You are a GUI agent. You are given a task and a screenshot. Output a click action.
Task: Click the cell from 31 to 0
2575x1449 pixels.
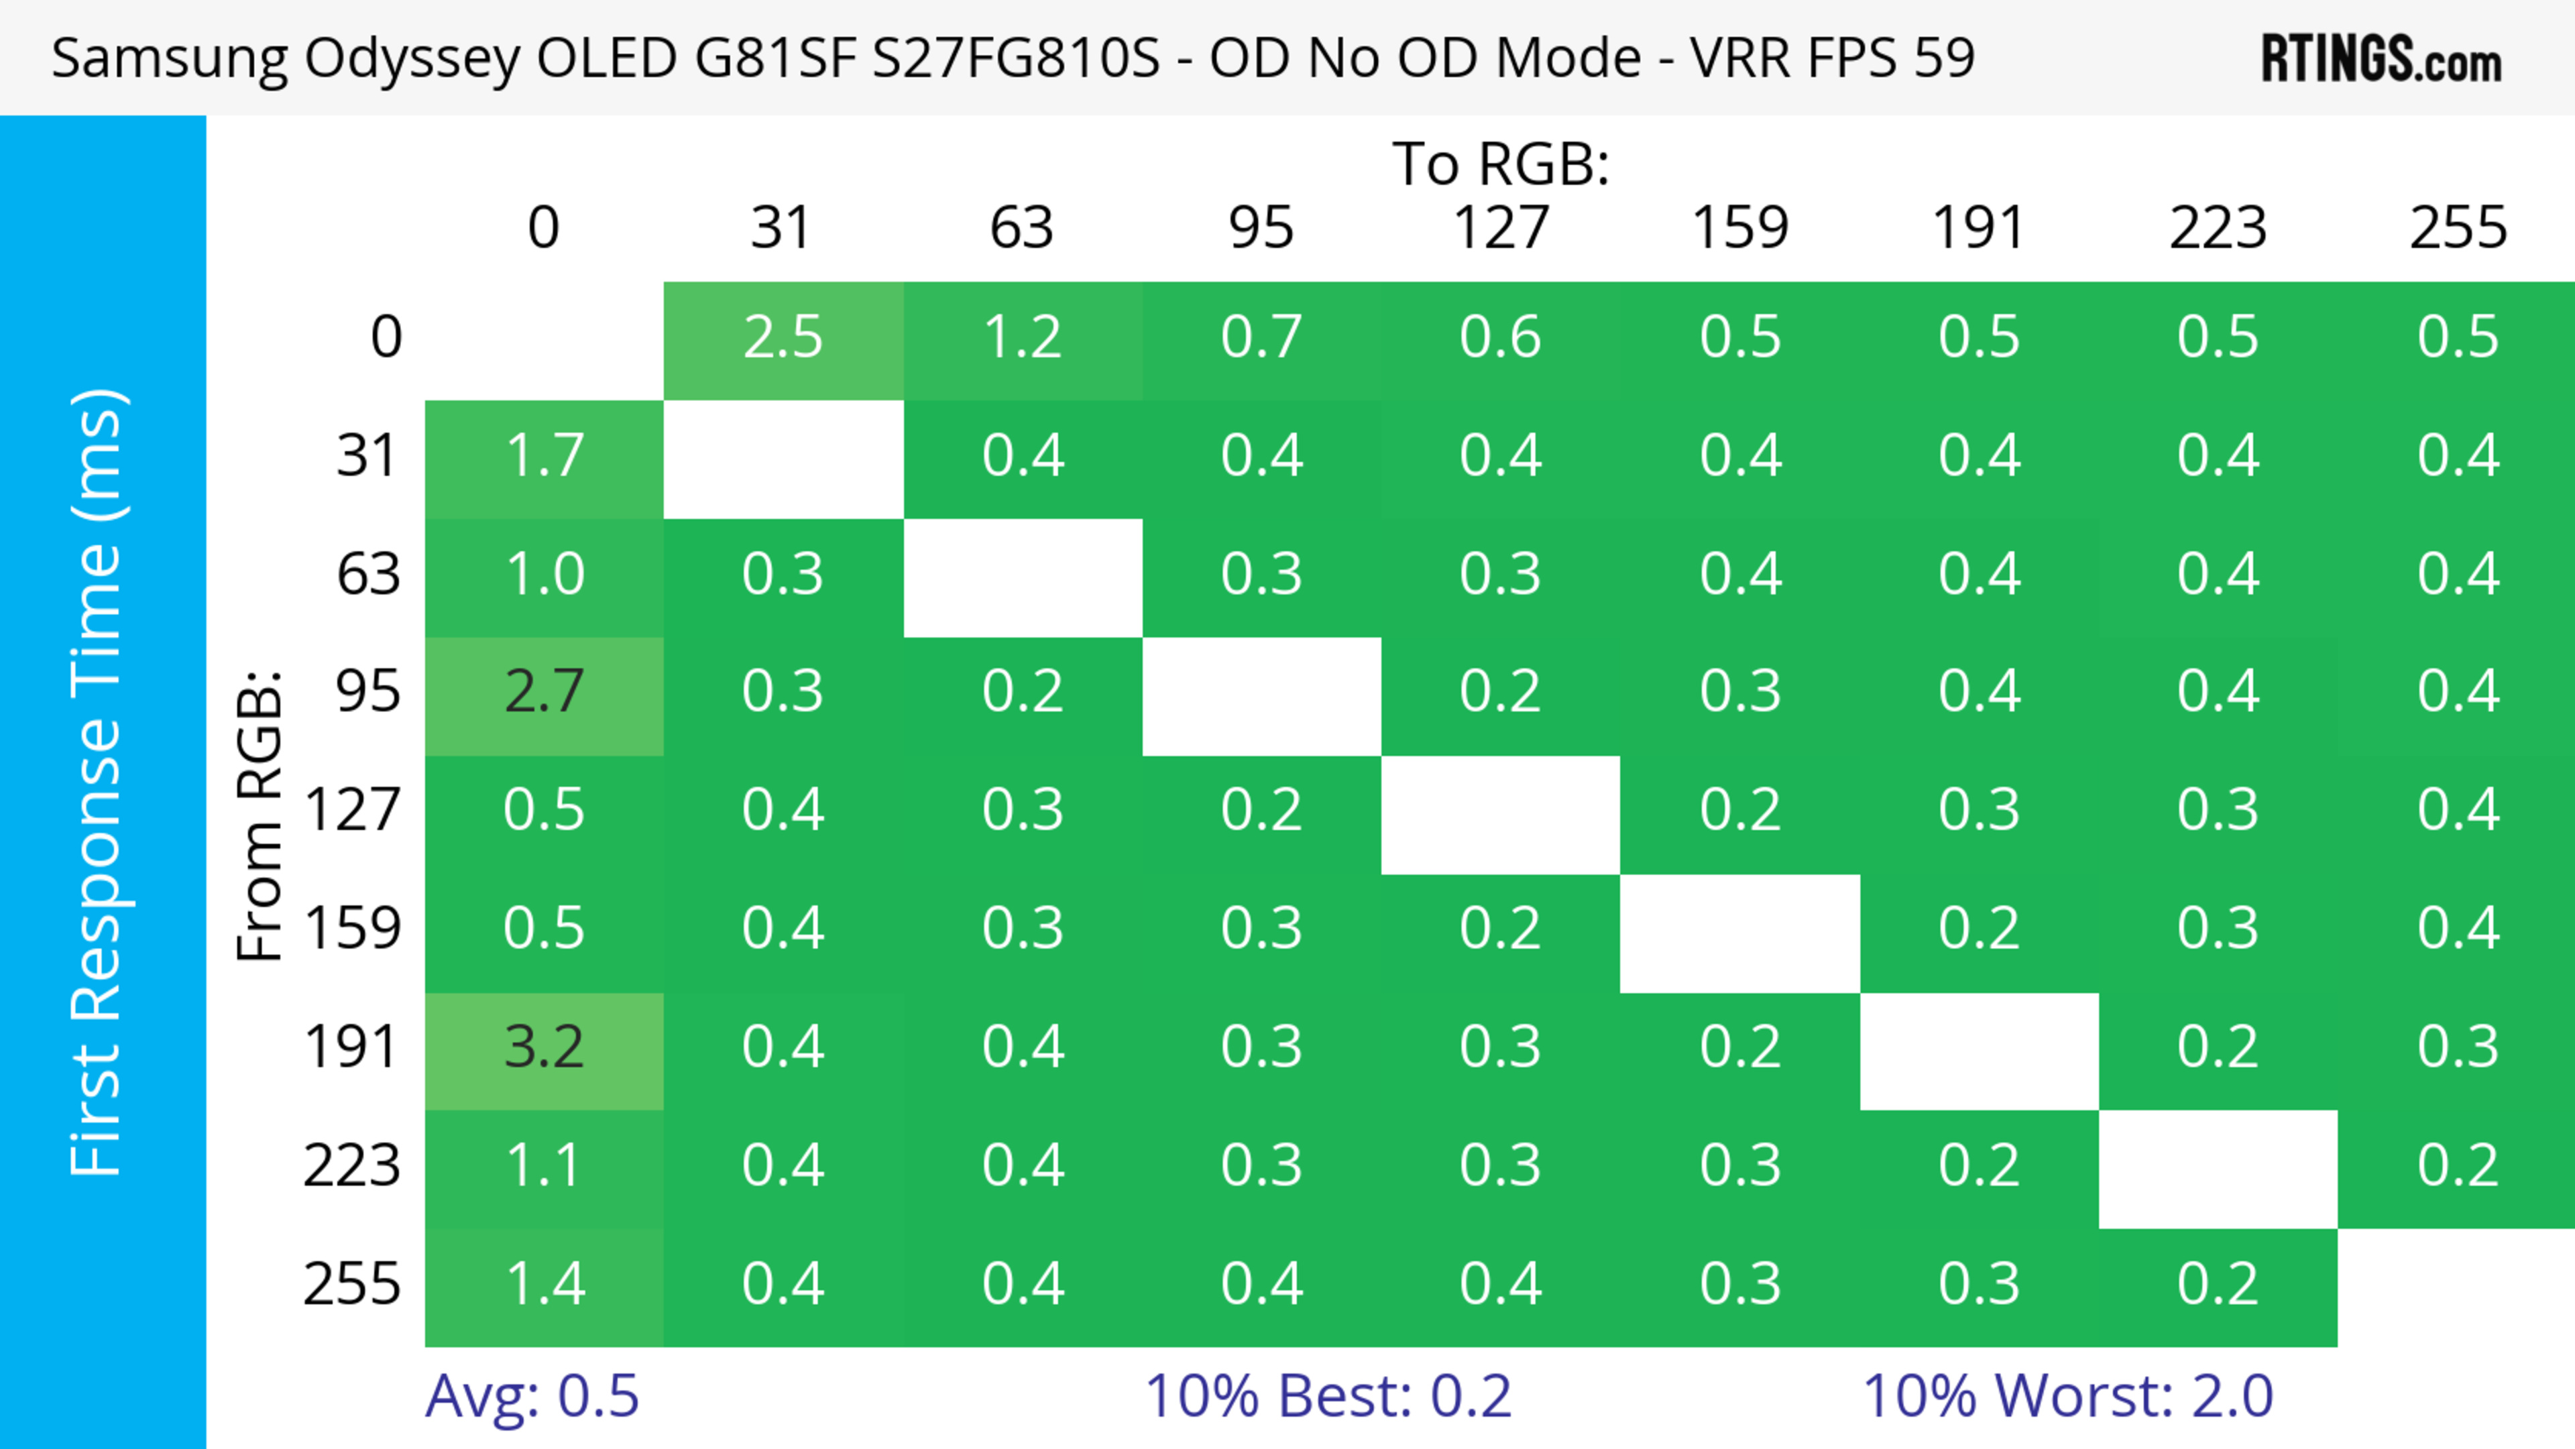click(x=544, y=457)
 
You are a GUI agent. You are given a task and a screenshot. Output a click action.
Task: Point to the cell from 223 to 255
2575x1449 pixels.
click(x=2457, y=1166)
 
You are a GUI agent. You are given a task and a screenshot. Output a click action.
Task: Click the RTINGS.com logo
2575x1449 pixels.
click(x=2381, y=58)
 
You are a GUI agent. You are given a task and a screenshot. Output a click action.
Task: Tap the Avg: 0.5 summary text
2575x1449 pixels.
click(x=532, y=1396)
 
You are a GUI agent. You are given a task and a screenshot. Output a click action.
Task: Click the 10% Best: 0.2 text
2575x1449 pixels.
click(x=1328, y=1396)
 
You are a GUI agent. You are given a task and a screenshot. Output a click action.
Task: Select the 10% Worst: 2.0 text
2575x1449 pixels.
click(x=2067, y=1396)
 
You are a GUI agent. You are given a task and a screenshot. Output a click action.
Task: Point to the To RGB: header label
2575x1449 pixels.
click(x=1501, y=164)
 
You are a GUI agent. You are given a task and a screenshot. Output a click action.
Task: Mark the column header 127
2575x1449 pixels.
click(x=1501, y=228)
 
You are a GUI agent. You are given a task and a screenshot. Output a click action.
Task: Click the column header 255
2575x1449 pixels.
click(x=2457, y=228)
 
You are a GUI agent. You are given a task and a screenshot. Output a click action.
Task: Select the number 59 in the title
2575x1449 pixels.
click(x=1944, y=58)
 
